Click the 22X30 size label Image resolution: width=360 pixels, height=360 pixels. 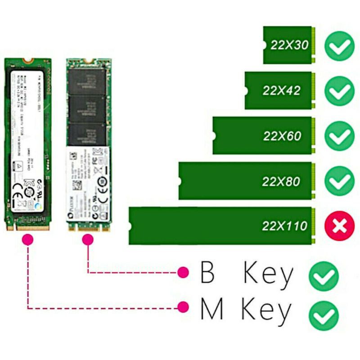click(x=290, y=45)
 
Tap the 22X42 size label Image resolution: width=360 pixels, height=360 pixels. click(x=282, y=90)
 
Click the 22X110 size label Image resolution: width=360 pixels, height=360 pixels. click(x=285, y=226)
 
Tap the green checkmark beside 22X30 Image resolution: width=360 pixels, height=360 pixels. click(x=340, y=45)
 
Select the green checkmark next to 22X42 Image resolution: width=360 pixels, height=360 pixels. click(x=340, y=90)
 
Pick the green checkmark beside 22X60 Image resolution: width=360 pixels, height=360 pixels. click(x=340, y=136)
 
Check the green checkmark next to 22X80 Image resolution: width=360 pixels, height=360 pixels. click(x=340, y=181)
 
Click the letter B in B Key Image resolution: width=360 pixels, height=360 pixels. click(x=207, y=273)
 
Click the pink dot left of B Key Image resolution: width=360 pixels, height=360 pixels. click(x=183, y=272)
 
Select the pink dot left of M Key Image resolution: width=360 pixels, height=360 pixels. click(x=183, y=308)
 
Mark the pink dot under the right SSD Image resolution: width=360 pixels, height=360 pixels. click(x=88, y=241)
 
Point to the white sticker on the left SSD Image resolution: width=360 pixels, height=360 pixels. click(x=27, y=135)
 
